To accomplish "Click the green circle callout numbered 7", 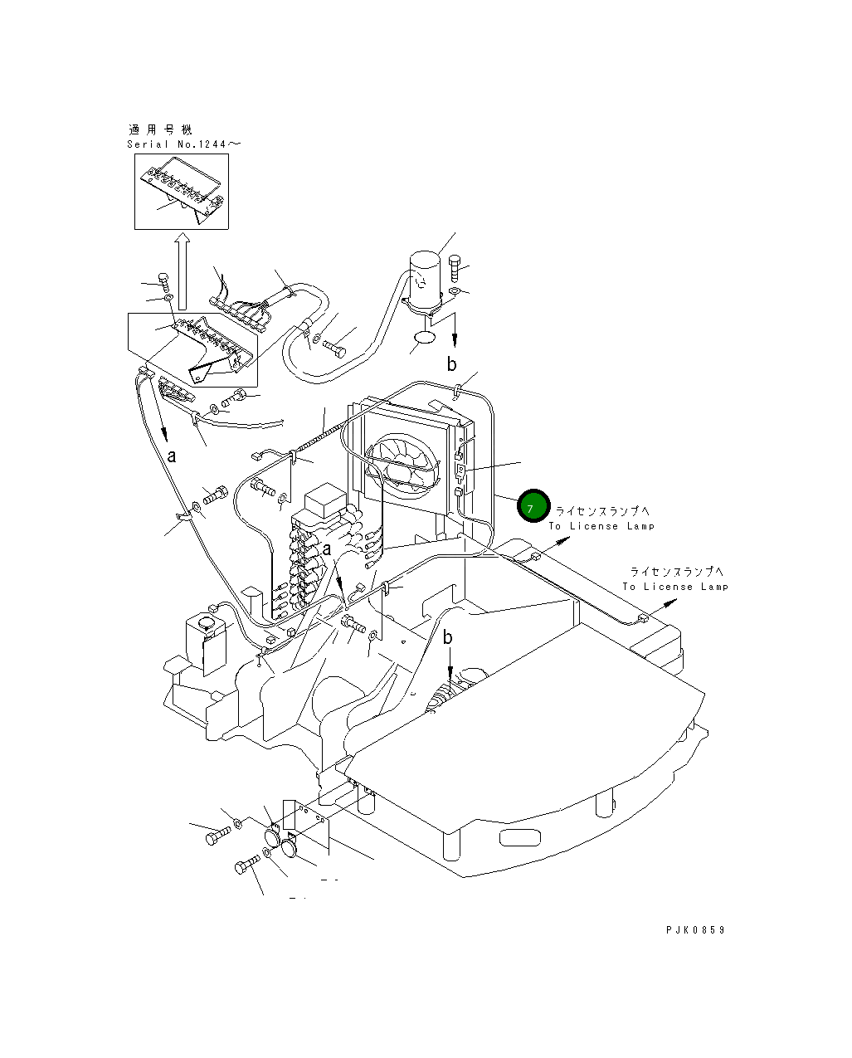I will click(x=533, y=506).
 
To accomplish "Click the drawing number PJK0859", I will click(x=694, y=930).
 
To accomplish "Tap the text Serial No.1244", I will click(x=183, y=144).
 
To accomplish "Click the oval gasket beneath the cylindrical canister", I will click(x=424, y=339).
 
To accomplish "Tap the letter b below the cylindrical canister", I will click(x=452, y=363).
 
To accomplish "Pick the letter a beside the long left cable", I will click(x=172, y=456).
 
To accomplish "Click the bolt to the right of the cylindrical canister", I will click(x=454, y=268).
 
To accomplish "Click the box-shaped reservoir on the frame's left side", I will click(x=204, y=639).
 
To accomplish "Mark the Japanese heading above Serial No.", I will click(x=161, y=129).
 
